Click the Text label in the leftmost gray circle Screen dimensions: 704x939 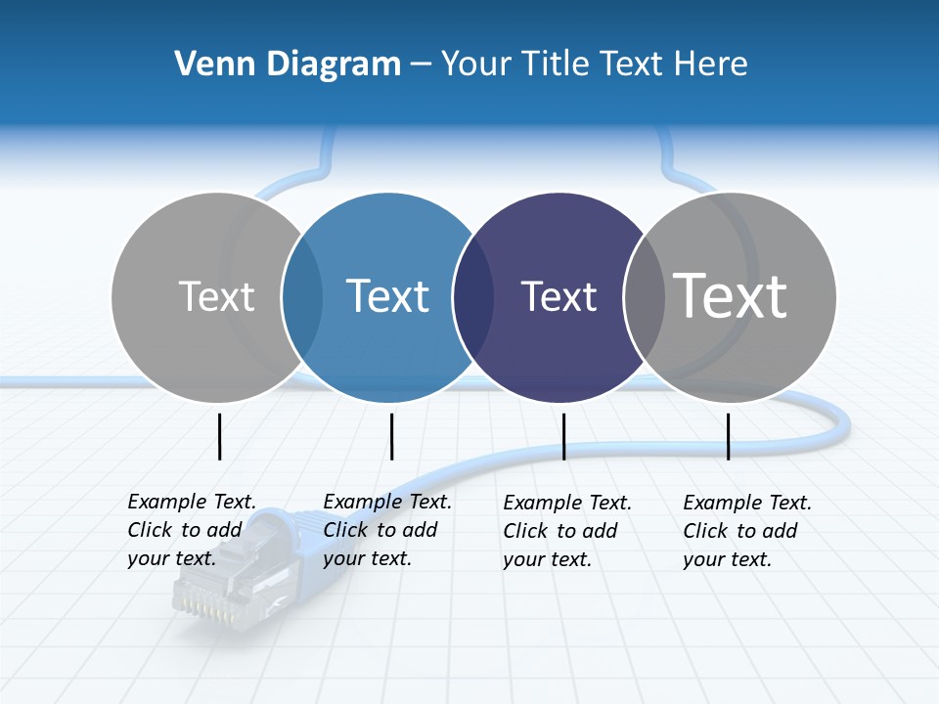[216, 296]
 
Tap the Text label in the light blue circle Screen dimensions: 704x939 [387, 296]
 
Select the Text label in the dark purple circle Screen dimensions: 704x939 [559, 297]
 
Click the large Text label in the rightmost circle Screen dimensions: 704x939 [730, 295]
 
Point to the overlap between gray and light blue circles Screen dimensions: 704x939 [302, 297]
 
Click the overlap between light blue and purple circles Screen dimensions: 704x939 [473, 297]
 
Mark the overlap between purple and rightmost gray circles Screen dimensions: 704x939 [644, 297]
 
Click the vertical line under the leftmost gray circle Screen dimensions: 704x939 [219, 436]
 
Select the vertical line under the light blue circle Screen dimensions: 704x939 [391, 436]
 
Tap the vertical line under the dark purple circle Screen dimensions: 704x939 [563, 436]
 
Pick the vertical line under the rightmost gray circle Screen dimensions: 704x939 [728, 436]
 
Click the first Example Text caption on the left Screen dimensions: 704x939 [192, 530]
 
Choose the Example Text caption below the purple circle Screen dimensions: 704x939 [567, 531]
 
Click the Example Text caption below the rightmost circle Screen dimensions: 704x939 [747, 531]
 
